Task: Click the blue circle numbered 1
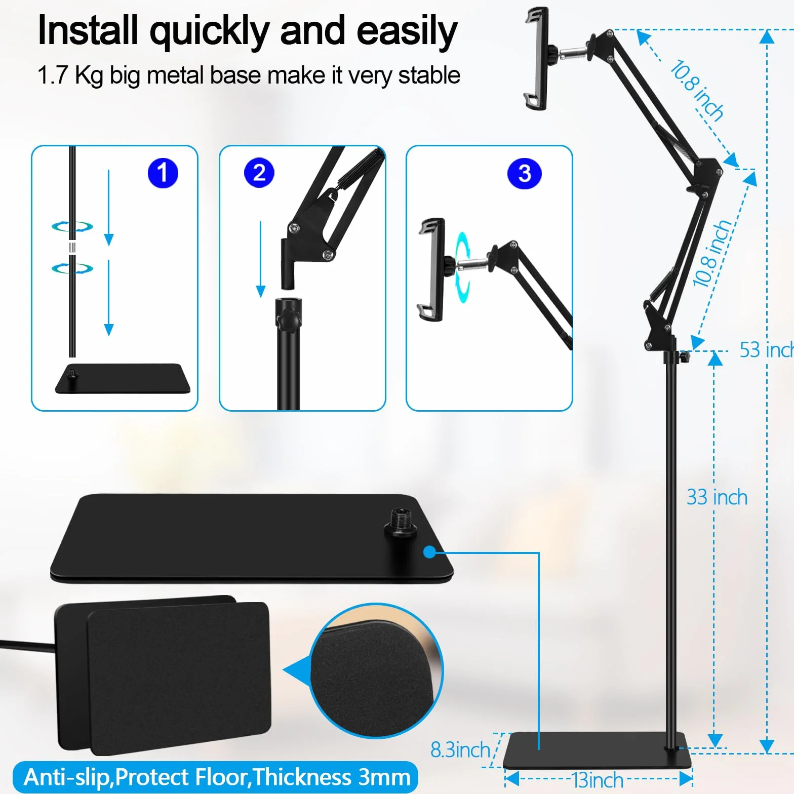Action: (163, 173)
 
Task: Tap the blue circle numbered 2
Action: (259, 173)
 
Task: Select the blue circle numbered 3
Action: (525, 174)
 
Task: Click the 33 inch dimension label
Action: (717, 497)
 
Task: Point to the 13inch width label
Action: (598, 780)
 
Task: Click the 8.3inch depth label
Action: (460, 749)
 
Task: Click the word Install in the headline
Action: (88, 31)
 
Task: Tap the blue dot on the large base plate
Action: (429, 551)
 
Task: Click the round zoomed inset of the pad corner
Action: (376, 670)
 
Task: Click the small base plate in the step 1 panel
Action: (123, 378)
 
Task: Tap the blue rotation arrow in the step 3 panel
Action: (462, 267)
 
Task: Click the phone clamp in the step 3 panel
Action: (431, 269)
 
